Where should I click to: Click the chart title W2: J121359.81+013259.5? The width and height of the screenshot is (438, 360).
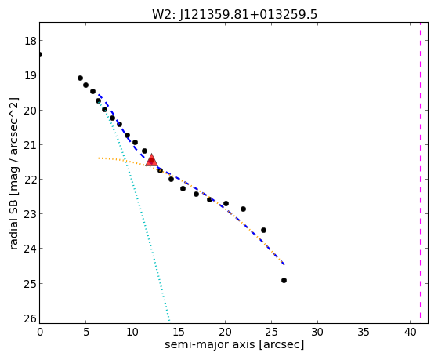click(234, 14)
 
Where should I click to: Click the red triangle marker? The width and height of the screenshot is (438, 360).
click(152, 160)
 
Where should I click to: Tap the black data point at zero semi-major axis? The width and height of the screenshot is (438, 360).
click(40, 54)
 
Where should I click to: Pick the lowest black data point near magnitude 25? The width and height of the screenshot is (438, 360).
click(284, 280)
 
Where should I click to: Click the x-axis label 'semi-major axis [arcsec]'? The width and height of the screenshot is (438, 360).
click(234, 344)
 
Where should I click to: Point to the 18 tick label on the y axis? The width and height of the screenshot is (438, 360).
click(31, 41)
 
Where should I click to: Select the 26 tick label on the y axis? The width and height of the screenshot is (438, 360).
click(31, 318)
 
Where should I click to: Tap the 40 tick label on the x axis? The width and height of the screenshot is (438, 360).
click(411, 333)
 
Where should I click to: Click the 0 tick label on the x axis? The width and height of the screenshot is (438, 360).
click(40, 333)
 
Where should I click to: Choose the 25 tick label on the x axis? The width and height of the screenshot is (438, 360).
click(271, 333)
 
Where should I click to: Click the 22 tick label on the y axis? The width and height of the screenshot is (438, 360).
click(31, 180)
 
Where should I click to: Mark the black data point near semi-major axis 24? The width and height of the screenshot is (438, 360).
click(263, 231)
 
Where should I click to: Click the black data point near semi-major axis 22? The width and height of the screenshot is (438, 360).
click(243, 209)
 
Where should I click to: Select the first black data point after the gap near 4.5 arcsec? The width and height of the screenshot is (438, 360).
click(80, 78)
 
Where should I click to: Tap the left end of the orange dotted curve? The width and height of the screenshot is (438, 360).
click(99, 158)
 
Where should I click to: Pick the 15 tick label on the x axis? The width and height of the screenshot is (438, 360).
click(179, 333)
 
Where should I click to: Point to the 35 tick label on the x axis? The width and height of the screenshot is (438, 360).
click(364, 333)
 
